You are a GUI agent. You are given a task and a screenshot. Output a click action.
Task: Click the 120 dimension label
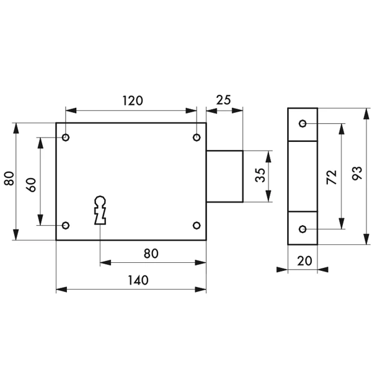[x=131, y=101]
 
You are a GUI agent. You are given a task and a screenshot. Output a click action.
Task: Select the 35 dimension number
[x=260, y=176]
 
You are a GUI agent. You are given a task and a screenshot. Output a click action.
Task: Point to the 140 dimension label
[x=138, y=280]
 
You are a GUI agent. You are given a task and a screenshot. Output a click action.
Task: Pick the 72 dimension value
[x=331, y=177]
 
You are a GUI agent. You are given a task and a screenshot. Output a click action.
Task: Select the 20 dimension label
[x=303, y=262]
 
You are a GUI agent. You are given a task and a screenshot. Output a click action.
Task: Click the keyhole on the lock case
[x=100, y=210]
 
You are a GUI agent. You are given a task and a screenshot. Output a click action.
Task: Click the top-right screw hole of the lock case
[x=197, y=137]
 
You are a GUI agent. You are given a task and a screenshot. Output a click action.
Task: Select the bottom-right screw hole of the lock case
[x=197, y=224]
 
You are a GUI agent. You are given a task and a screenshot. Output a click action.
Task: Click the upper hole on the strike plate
[x=303, y=124]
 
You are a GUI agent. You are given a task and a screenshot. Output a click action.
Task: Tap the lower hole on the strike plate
[x=303, y=229]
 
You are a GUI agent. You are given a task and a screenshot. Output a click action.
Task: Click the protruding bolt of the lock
[x=224, y=176]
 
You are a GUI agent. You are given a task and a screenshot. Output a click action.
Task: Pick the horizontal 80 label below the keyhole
[x=151, y=254]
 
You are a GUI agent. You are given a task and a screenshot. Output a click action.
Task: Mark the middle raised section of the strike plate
[x=303, y=177]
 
